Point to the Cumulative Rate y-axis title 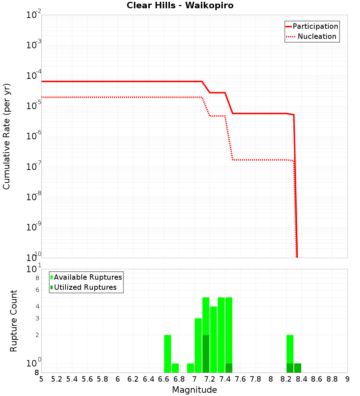point(6,136)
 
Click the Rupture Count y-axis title point(14,321)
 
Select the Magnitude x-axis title point(194,390)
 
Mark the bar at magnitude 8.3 point(298,368)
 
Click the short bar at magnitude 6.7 point(175,368)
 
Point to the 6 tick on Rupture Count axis point(37,290)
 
